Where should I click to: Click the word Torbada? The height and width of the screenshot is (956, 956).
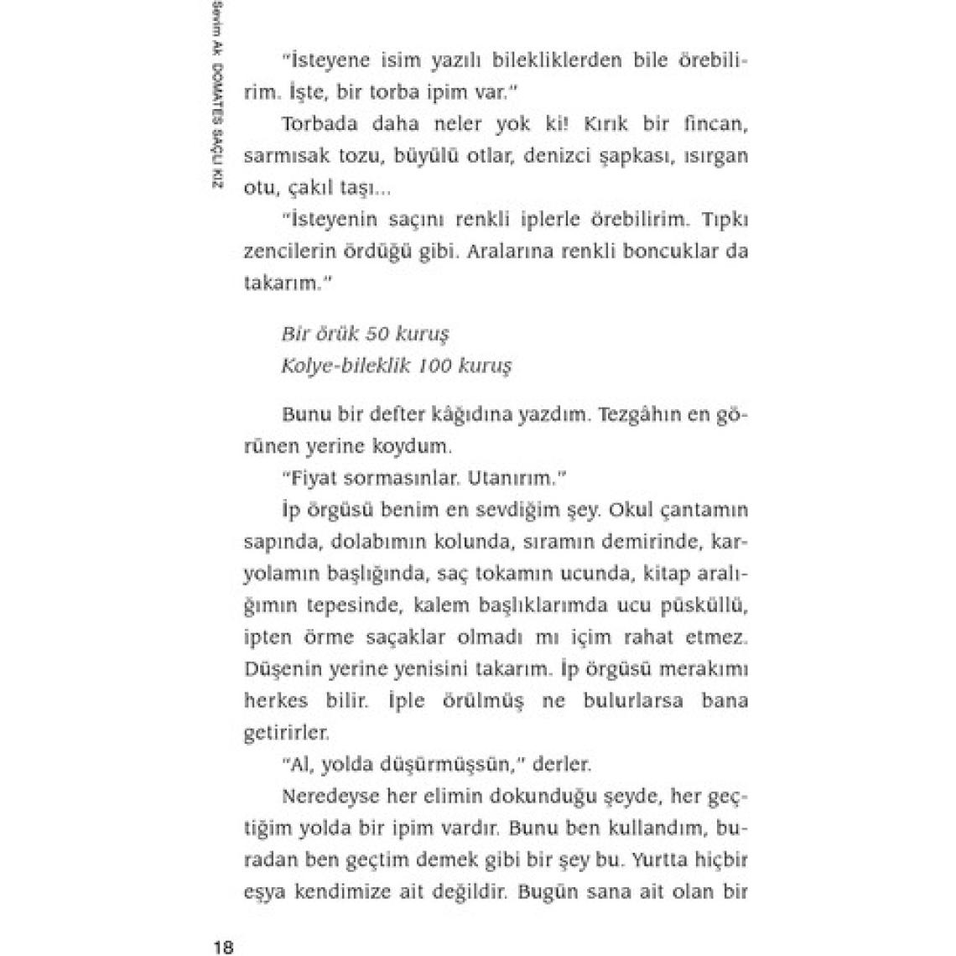pyautogui.click(x=318, y=124)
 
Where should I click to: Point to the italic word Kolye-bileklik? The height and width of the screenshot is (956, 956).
pyautogui.click(x=345, y=366)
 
